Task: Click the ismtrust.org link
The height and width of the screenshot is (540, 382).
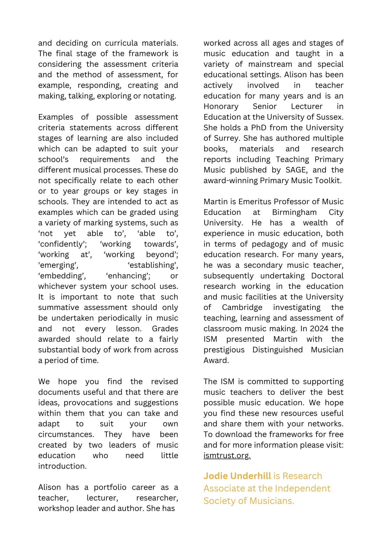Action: (227, 456)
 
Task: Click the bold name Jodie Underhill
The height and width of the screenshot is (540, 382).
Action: (237, 476)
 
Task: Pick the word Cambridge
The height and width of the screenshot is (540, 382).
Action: (242, 307)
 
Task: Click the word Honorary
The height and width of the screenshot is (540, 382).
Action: (221, 106)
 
